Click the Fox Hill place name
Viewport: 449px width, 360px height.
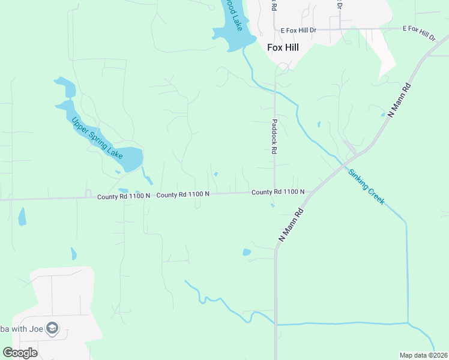click(x=283, y=46)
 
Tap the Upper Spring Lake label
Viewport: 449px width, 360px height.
click(x=97, y=138)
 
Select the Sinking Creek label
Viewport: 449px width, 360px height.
click(x=366, y=187)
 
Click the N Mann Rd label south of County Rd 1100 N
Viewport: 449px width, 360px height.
click(x=290, y=225)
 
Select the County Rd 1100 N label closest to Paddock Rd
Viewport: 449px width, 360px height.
click(x=278, y=192)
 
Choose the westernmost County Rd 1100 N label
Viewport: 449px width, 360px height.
click(x=122, y=196)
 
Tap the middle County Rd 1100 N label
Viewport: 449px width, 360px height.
click(x=183, y=194)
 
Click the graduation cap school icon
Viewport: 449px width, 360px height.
click(x=52, y=328)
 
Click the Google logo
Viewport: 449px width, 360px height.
click(x=20, y=353)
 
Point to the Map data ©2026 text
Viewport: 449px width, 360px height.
click(x=423, y=355)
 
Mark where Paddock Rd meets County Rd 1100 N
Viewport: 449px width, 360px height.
click(x=275, y=192)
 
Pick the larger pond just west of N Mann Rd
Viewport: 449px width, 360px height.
click(x=246, y=252)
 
